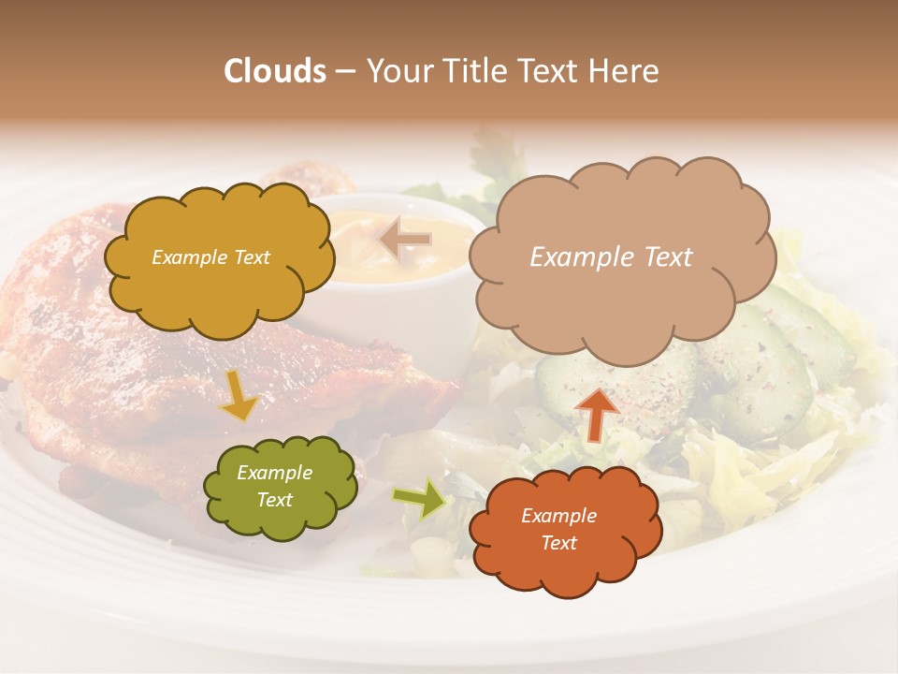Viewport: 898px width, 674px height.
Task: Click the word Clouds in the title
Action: pyautogui.click(x=275, y=71)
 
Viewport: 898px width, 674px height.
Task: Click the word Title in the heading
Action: pyautogui.click(x=478, y=71)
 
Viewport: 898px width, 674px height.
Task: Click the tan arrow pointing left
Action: pyautogui.click(x=406, y=239)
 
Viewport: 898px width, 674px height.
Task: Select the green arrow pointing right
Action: pyautogui.click(x=419, y=498)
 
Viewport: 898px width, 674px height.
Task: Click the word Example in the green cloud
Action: pyautogui.click(x=275, y=473)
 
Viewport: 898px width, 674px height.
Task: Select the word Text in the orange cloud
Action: pyautogui.click(x=558, y=543)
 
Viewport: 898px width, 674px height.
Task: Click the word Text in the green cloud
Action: pyautogui.click(x=275, y=500)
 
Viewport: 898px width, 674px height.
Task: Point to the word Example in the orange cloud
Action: pyautogui.click(x=558, y=516)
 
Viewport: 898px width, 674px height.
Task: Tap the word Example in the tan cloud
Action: pyautogui.click(x=579, y=257)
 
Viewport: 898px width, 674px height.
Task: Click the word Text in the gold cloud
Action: pyautogui.click(x=250, y=257)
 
